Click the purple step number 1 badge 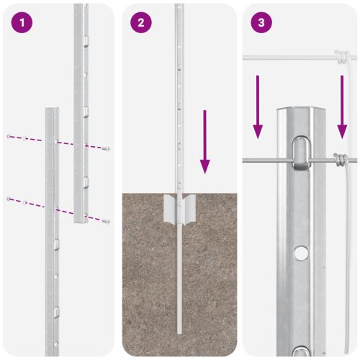pos(23,22)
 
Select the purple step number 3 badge pos(261,22)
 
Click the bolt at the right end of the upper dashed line pos(107,148)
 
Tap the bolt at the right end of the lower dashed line pos(107,220)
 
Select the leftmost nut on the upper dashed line pos(8,136)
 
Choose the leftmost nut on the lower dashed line pos(8,198)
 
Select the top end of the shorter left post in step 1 pos(52,110)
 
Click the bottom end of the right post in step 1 pos(81,220)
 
